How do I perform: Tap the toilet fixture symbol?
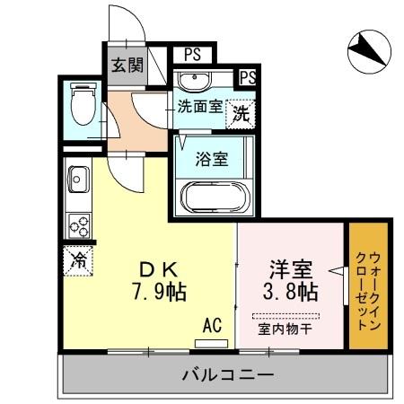83,104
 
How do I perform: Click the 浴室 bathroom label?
213,162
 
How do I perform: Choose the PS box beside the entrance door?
191,54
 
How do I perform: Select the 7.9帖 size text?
162,292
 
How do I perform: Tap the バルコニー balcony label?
227,373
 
